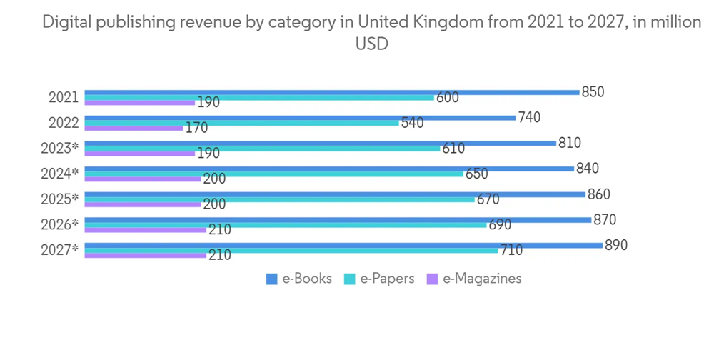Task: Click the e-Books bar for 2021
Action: coord(331,92)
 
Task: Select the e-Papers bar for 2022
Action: coord(242,123)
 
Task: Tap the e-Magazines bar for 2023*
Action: coord(140,154)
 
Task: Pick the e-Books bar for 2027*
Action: coord(343,245)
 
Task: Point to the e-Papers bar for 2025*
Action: coord(279,199)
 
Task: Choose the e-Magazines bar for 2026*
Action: coord(146,230)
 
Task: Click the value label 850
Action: coord(593,91)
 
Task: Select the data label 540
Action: coord(412,123)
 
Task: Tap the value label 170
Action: coord(196,129)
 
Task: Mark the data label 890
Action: coord(615,245)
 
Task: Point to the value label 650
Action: coord(476,174)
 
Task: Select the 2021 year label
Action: coord(64,97)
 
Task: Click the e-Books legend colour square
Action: coord(271,279)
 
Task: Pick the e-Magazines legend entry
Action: coord(474,279)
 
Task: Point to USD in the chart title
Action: coord(371,44)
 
